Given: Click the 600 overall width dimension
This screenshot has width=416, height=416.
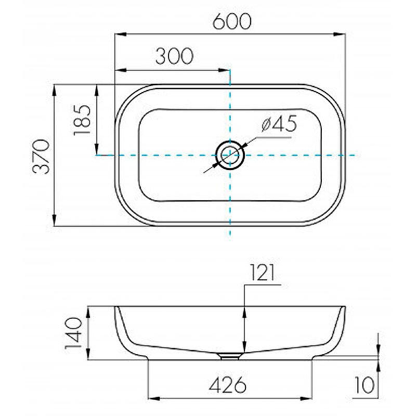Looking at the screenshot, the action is pyautogui.click(x=232, y=21).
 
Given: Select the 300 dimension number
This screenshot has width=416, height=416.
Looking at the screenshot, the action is pyautogui.click(x=174, y=56).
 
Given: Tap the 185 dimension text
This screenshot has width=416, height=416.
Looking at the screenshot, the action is pyautogui.click(x=82, y=120).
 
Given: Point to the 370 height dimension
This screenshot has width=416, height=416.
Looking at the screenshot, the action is pyautogui.click(x=41, y=157).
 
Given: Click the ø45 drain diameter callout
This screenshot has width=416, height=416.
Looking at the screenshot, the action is pyautogui.click(x=279, y=124).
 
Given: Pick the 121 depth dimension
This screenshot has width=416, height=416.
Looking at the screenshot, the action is pyautogui.click(x=262, y=272).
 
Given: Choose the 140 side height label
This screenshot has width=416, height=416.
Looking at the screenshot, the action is pyautogui.click(x=73, y=333).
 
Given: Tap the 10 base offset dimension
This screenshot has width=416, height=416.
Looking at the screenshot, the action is pyautogui.click(x=365, y=385).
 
